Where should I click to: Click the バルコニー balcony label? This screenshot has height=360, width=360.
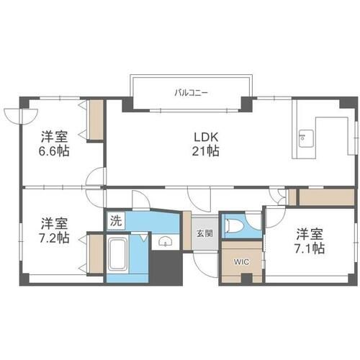tap(191, 93)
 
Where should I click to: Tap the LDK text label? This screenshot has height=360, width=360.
tap(206, 138)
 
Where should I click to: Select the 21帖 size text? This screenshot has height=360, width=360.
tap(205, 151)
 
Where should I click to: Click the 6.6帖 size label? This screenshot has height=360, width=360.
tap(54, 151)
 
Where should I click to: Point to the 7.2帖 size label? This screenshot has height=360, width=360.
tap(54, 238)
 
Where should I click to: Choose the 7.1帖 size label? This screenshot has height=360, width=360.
tap(310, 248)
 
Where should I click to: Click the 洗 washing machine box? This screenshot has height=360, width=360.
tap(116, 221)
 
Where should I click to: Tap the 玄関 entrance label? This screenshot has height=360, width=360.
tap(204, 233)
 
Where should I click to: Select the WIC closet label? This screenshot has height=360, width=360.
tap(242, 262)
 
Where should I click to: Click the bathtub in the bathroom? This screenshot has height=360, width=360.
tap(117, 254)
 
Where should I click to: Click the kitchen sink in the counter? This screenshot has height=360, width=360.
tap(306, 139)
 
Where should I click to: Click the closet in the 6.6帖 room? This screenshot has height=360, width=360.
tap(96, 120)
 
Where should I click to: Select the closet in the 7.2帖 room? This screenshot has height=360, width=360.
tap(96, 254)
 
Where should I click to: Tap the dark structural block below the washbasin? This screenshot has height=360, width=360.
tap(166, 268)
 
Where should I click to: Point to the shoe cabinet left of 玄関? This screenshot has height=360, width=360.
tap(187, 230)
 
